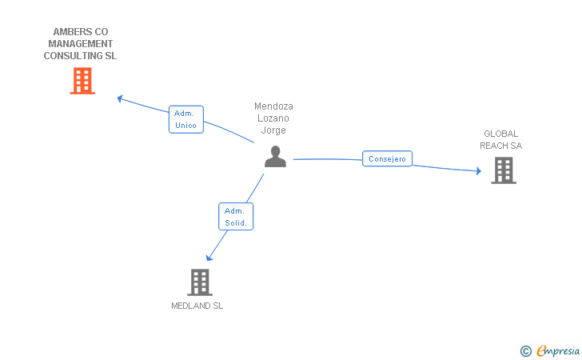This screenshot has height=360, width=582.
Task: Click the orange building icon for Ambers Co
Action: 82,81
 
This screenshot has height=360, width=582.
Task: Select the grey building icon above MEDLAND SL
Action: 200,282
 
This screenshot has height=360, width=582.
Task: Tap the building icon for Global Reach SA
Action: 503,170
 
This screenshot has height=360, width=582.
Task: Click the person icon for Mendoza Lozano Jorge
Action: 275,157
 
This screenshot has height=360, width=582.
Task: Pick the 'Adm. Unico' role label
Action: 186,119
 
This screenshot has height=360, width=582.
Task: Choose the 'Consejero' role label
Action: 388,159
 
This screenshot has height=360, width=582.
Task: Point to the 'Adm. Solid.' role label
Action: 236,217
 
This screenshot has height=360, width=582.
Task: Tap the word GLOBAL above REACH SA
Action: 500,134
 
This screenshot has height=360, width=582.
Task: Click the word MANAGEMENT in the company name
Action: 80,44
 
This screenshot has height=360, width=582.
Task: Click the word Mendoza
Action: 273,106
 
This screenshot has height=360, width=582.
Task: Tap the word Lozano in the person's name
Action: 273,118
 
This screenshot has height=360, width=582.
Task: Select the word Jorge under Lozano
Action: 273,130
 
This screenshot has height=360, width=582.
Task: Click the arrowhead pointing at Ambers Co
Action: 120,98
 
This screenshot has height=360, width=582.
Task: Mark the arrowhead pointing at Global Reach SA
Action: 478,170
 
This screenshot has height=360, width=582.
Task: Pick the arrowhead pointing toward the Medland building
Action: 209,258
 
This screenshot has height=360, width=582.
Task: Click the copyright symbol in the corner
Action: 525,350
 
